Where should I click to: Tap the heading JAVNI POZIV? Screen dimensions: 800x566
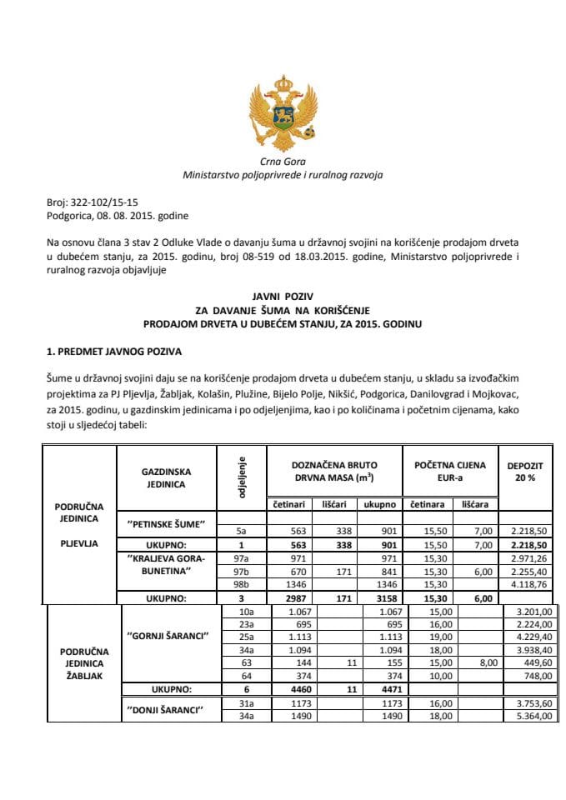pos(283,296)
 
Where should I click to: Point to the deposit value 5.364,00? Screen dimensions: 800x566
pos(532,715)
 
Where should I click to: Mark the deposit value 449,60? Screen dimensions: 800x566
pos(535,662)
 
